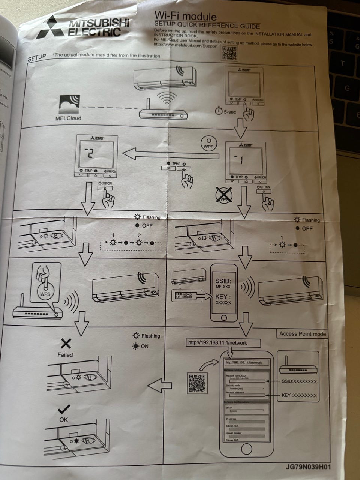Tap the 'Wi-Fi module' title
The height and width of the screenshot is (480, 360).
pyautogui.click(x=185, y=16)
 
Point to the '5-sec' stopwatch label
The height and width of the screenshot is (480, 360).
pyautogui.click(x=226, y=111)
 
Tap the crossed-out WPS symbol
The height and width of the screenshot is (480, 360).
pyautogui.click(x=224, y=196)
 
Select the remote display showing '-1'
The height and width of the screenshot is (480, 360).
pyautogui.click(x=245, y=160)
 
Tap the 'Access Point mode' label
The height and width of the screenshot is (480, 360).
pyautogui.click(x=302, y=334)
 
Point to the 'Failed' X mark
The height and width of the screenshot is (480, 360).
pyautogui.click(x=66, y=343)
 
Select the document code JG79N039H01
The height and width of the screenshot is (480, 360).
pyautogui.click(x=308, y=467)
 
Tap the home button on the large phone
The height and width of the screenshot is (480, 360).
pyautogui.click(x=246, y=448)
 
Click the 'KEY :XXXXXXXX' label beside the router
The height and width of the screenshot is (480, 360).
pyautogui.click(x=299, y=395)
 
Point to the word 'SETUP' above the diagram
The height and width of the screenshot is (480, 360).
pyautogui.click(x=37, y=58)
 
